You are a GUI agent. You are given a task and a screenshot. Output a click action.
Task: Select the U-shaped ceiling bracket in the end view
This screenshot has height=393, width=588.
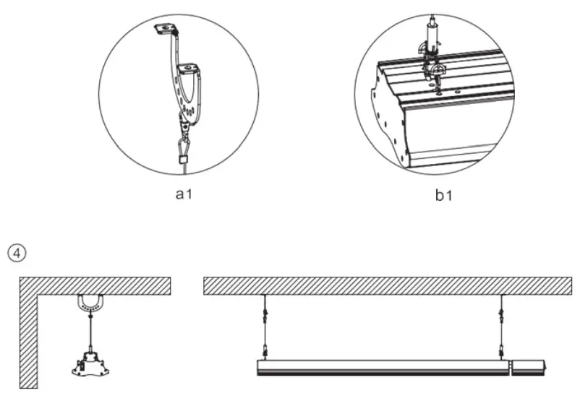pyautogui.click(x=90, y=304)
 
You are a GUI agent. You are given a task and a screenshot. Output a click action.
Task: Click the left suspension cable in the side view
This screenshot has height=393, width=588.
pyautogui.click(x=265, y=325)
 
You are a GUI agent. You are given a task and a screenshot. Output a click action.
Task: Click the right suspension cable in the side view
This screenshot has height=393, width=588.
pyautogui.click(x=500, y=325)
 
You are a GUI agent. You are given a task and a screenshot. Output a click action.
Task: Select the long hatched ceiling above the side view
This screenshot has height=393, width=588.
pyautogui.click(x=388, y=285)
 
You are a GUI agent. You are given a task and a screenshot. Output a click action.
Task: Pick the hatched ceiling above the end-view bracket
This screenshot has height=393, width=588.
pyautogui.click(x=94, y=285)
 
